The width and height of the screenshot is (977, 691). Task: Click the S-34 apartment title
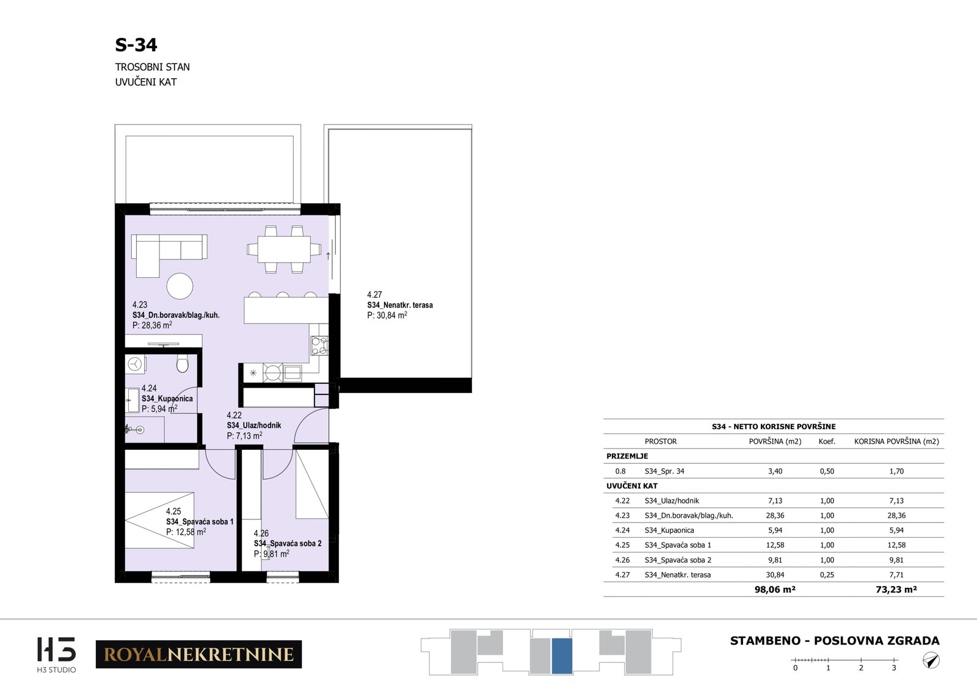coord(136,45)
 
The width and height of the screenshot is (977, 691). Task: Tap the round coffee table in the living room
coord(180,286)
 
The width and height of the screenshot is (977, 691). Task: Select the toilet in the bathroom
coord(183,363)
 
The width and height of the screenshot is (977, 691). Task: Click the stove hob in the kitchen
coord(319,345)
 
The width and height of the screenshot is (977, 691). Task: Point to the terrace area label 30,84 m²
coord(387,315)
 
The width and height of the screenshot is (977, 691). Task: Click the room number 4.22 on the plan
coord(234,415)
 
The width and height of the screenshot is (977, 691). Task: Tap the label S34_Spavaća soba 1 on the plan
coord(200,521)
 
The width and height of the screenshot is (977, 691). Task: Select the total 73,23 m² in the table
coord(896,590)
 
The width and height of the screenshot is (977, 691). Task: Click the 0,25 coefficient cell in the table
coord(827,574)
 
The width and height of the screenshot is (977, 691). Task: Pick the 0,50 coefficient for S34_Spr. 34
coord(827,471)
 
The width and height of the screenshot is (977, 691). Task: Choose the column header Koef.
coord(827,441)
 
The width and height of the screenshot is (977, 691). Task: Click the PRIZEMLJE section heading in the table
coord(627,456)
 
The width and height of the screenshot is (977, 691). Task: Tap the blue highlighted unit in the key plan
coord(562,656)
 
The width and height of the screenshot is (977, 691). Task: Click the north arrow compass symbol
coord(931,660)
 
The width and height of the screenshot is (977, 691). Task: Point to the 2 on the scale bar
coord(861,668)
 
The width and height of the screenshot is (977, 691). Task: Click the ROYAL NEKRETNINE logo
coord(199,654)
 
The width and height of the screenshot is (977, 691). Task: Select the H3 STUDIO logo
coord(56,655)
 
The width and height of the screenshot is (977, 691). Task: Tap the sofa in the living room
coord(169,256)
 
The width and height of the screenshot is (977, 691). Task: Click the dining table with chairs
coord(284,250)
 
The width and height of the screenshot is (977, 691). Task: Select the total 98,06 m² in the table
coord(775,590)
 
